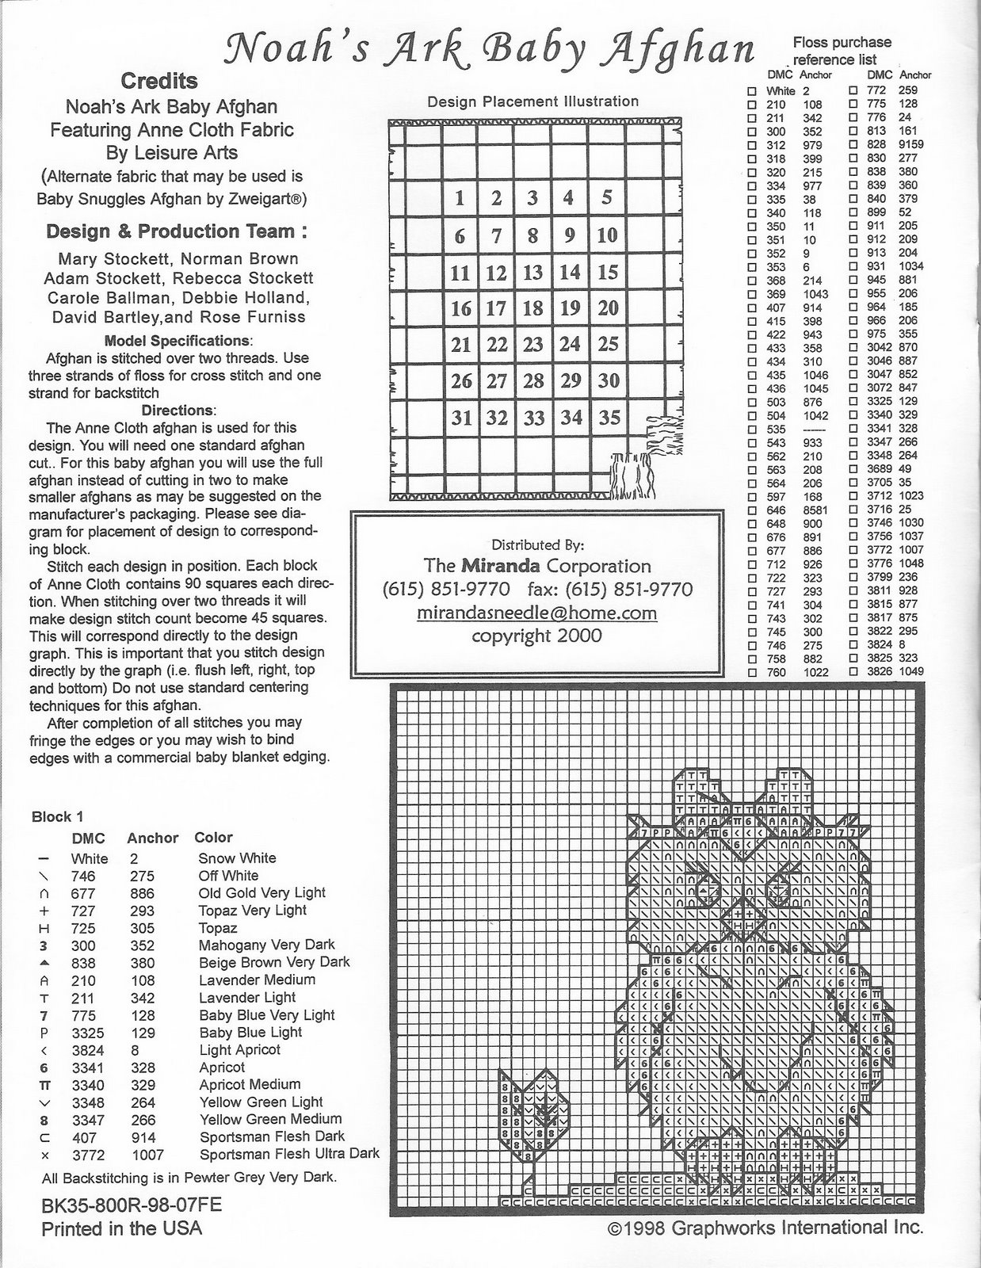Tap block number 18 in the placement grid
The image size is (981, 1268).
click(533, 307)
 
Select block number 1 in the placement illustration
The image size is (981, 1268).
click(460, 197)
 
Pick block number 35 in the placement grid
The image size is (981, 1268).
click(609, 417)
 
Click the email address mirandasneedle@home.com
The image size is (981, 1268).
click(537, 613)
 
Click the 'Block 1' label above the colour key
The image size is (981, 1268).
click(57, 816)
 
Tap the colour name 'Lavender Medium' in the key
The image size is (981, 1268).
click(258, 980)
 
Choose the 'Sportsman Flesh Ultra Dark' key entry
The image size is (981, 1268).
click(289, 1154)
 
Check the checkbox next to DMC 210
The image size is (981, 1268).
click(752, 105)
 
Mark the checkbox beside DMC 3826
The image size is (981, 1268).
click(853, 672)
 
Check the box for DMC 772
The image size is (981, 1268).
click(853, 91)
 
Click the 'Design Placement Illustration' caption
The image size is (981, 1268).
click(532, 101)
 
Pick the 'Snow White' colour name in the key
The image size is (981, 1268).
click(237, 858)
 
